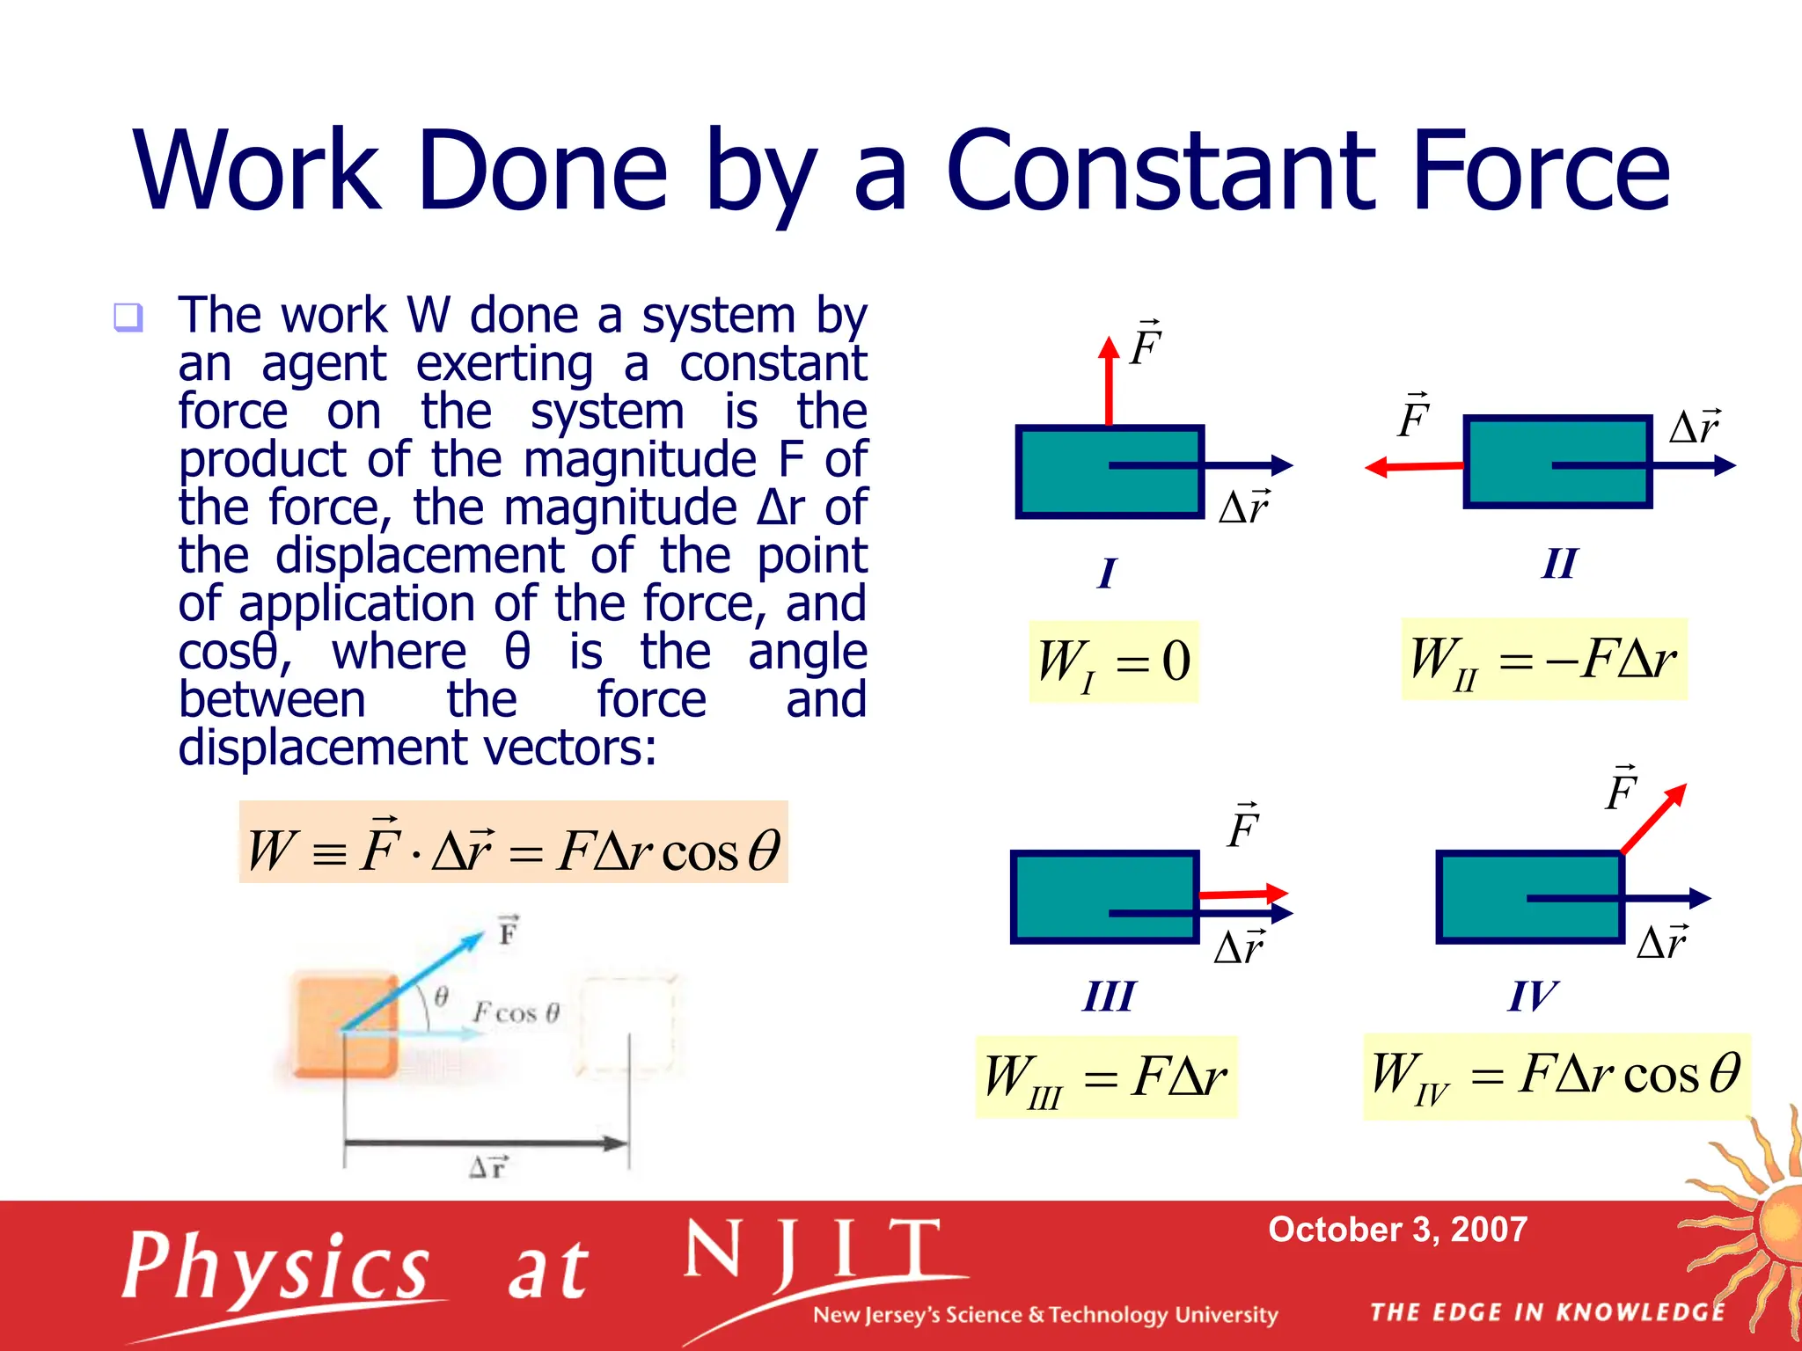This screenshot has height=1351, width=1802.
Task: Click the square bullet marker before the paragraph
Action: [128, 317]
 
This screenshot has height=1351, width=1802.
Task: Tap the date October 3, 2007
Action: [1397, 1229]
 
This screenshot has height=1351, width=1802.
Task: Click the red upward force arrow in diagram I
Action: [1109, 383]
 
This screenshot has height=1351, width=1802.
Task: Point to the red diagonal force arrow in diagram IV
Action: [1653, 818]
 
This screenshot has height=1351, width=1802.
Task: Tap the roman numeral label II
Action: [1559, 564]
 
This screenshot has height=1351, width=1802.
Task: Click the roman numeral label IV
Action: [1532, 997]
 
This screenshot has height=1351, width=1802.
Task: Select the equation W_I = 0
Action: [1113, 661]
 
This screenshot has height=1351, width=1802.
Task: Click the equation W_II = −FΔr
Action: [1543, 660]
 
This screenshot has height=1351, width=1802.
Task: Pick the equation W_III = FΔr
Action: [1105, 1077]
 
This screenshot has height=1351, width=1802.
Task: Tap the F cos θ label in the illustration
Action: [516, 1012]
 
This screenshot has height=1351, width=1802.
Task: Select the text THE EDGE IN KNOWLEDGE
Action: [1547, 1312]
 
